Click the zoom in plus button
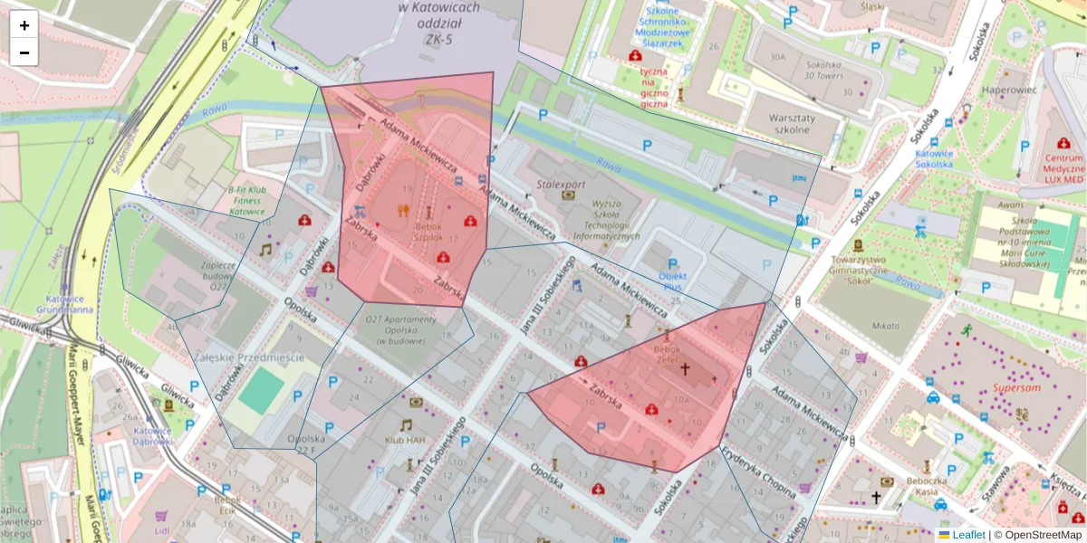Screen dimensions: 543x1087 24,25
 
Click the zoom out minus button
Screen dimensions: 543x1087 24,52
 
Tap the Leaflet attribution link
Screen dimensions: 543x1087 968,535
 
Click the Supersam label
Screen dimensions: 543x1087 1015,387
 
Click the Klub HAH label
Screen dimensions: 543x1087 405,440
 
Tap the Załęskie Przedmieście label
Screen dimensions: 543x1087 249,357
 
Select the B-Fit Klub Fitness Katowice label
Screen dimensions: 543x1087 246,200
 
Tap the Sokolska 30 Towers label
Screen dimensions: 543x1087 824,71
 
